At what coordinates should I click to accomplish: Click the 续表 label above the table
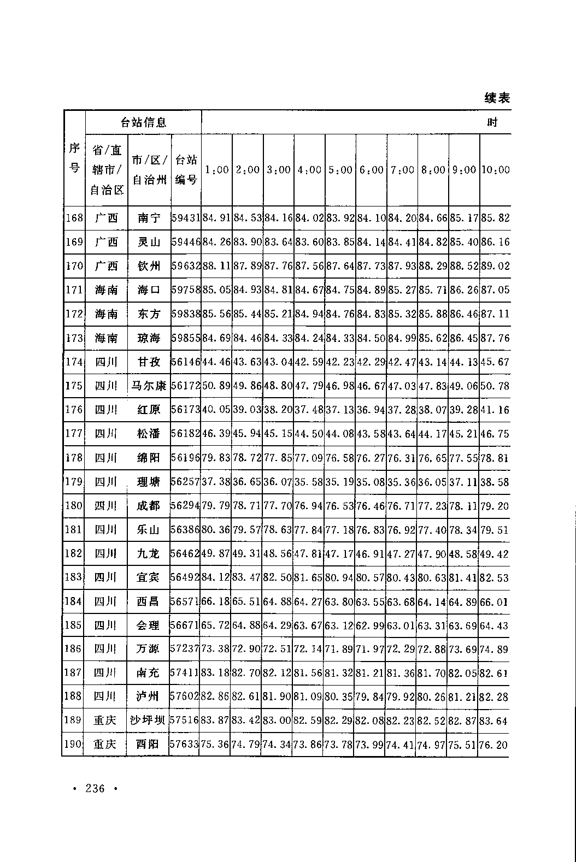coord(497,98)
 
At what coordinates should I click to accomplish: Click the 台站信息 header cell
coord(143,122)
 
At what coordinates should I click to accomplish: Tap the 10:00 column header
coord(495,170)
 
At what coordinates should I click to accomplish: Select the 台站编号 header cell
coord(186,169)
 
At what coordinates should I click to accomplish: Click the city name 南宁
coord(149,218)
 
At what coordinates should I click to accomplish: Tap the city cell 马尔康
coord(149,386)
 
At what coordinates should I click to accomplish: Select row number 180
coord(74,506)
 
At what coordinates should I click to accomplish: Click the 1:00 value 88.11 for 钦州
coord(216,266)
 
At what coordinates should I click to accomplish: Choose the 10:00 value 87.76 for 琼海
coord(495,338)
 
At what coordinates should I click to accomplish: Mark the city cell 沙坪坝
coord(148,721)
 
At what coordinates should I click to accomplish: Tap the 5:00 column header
coord(340,170)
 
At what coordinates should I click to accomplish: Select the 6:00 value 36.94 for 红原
coord(371,410)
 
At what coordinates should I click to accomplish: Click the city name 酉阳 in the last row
coord(148,744)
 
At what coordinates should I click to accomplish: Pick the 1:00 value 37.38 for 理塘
coord(216,482)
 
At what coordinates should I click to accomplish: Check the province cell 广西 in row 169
coord(106,242)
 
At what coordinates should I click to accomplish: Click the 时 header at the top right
coord(492,122)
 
